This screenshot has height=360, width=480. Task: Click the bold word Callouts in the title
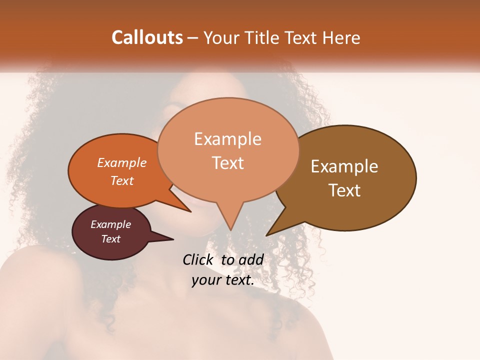[147, 37]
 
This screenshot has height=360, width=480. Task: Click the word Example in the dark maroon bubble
[110, 224]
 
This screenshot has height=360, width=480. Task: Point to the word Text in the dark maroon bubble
[110, 239]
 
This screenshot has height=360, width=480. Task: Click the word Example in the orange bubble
[121, 162]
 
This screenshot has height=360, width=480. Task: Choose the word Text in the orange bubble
[121, 180]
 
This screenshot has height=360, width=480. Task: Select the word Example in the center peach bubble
[227, 139]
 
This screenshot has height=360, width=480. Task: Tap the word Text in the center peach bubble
[227, 162]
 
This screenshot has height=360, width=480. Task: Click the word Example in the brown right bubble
[344, 166]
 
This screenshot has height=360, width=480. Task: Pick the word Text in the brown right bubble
[344, 190]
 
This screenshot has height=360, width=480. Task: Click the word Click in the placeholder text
[197, 259]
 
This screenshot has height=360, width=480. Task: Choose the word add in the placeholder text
[251, 259]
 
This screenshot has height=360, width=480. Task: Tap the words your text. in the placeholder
[222, 280]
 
